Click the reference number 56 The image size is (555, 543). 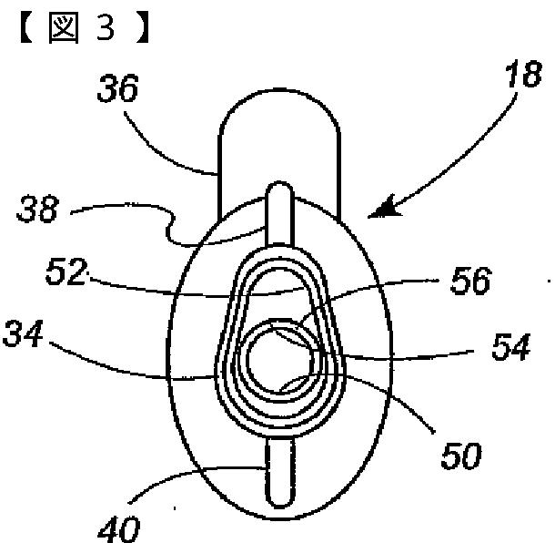[x=471, y=283]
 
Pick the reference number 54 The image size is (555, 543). [x=507, y=350]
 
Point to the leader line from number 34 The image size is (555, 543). [x=136, y=364]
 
